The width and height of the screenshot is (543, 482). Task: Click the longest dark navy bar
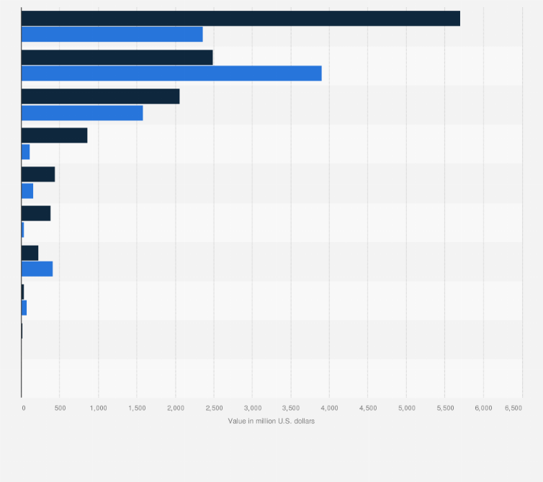tap(241, 19)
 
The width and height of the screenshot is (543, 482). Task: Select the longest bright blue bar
tap(171, 73)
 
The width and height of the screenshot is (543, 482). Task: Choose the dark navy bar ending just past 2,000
tap(100, 97)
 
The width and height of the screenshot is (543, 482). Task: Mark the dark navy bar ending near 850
tap(54, 135)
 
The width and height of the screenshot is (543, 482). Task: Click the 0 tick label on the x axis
tap(23, 408)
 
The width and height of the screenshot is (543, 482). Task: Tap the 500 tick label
tap(60, 408)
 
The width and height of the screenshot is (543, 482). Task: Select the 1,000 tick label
tap(98, 408)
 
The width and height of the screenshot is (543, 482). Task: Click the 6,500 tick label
tap(513, 408)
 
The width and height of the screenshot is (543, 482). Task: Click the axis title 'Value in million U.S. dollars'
tap(271, 421)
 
